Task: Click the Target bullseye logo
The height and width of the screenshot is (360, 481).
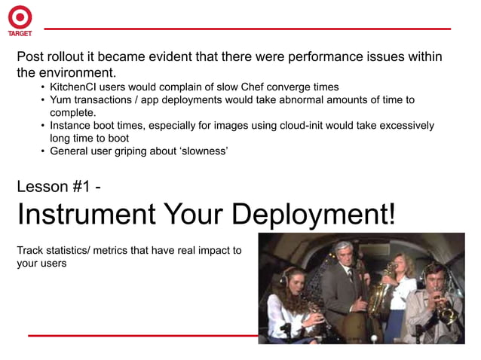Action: point(20,17)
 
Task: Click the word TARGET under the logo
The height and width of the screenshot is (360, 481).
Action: point(20,33)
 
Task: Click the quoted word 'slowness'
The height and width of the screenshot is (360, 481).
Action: point(204,151)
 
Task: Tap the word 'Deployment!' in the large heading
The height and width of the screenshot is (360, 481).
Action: point(313,215)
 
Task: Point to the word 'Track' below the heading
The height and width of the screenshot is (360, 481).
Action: point(31,250)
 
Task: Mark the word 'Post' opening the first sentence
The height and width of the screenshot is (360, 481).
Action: point(32,57)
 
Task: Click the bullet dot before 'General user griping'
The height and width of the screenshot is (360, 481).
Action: point(43,151)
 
